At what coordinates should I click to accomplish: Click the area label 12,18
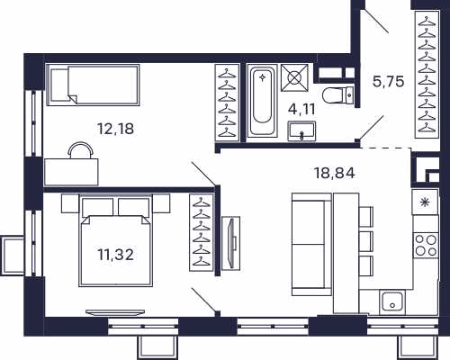[116, 129]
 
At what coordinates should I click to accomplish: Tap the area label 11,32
[115, 255]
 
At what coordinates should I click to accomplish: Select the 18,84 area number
[334, 173]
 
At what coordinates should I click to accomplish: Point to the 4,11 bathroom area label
[301, 110]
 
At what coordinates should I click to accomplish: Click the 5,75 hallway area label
[388, 81]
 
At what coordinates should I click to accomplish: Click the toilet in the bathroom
[338, 95]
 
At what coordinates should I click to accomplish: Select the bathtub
[262, 102]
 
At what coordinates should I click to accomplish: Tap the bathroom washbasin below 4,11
[301, 131]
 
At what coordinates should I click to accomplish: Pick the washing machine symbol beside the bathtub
[294, 77]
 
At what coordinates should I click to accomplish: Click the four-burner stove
[426, 245]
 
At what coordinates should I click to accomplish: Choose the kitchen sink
[392, 301]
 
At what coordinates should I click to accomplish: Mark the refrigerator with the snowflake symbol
[425, 202]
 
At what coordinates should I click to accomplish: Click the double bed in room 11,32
[115, 240]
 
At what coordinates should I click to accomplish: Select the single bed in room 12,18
[93, 85]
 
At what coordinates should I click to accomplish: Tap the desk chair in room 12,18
[80, 150]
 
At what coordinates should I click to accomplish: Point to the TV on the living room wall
[231, 243]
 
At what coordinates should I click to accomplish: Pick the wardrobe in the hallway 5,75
[427, 75]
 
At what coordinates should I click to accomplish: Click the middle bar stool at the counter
[366, 241]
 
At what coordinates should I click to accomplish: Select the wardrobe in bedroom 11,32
[202, 232]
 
